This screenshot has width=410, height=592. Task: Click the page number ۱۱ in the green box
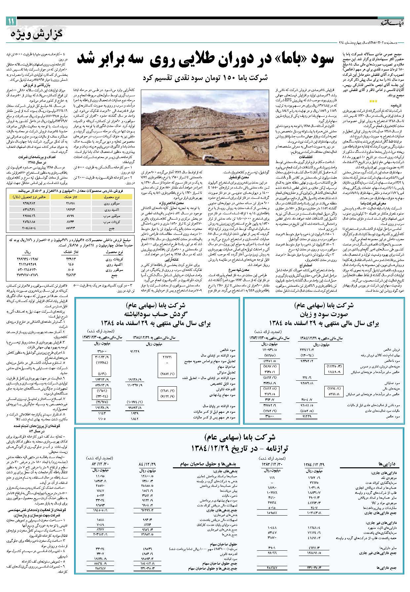tap(10, 22)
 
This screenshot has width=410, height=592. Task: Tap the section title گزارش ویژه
tap(38, 33)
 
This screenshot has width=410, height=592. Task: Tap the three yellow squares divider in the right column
tap(373, 101)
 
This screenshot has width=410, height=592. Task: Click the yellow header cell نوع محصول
tap(111, 197)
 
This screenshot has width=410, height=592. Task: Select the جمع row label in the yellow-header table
tap(111, 228)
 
